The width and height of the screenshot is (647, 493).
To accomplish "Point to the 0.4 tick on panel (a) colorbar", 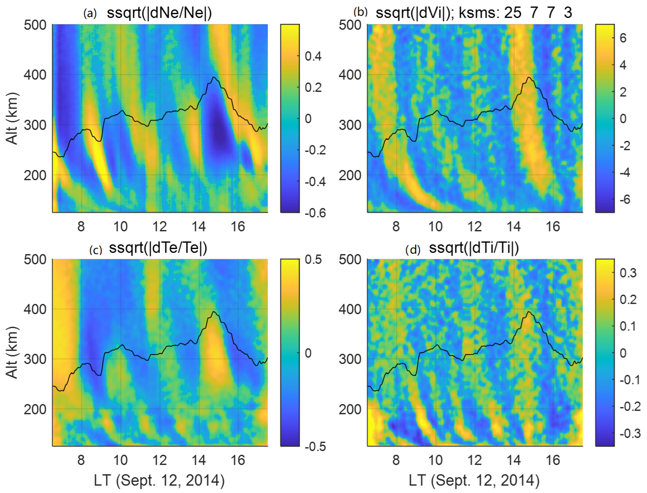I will pyautogui.click(x=313, y=56).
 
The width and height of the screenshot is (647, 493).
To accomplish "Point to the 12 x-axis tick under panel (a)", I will pyautogui.click(x=159, y=226).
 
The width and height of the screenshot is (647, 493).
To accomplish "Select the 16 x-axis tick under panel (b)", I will pyautogui.click(x=553, y=226).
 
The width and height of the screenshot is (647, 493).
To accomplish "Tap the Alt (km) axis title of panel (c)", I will pyautogui.click(x=12, y=352).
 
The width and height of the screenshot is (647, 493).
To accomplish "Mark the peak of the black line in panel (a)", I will pyautogui.click(x=214, y=77).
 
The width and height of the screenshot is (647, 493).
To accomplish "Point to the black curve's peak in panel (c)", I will pyautogui.click(x=214, y=312).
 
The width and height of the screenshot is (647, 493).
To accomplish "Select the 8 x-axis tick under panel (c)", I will pyautogui.click(x=81, y=460).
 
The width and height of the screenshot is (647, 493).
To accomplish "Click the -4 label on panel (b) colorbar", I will pyautogui.click(x=625, y=172).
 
